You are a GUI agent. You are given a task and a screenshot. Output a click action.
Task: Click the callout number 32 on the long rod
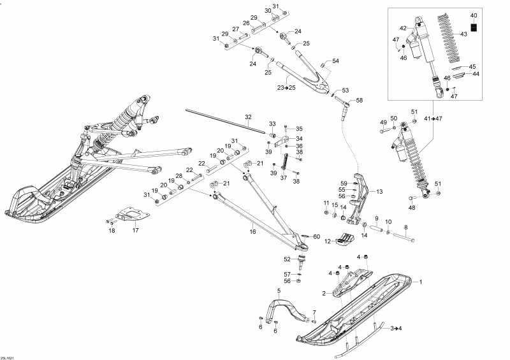point(248,117)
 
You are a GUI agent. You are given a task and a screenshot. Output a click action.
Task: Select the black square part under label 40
point(474,26)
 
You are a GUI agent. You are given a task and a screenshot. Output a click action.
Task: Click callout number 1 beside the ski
point(420,281)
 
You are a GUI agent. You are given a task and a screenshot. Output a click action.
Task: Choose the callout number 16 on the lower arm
point(252,233)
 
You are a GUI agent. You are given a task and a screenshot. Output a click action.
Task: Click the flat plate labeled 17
point(131,215)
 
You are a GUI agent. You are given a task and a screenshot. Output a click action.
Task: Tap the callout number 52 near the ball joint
point(287,259)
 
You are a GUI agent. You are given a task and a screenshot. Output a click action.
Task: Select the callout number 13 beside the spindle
point(379,191)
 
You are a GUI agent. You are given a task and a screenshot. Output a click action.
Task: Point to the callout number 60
point(317,236)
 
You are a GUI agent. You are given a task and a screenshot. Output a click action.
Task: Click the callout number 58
point(359,101)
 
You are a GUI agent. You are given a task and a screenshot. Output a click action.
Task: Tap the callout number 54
point(335,61)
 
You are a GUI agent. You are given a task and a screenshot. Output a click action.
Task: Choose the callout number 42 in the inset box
point(403,28)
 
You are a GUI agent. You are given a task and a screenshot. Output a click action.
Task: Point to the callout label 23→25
point(286,87)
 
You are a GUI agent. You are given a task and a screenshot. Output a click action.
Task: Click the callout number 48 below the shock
point(412,208)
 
